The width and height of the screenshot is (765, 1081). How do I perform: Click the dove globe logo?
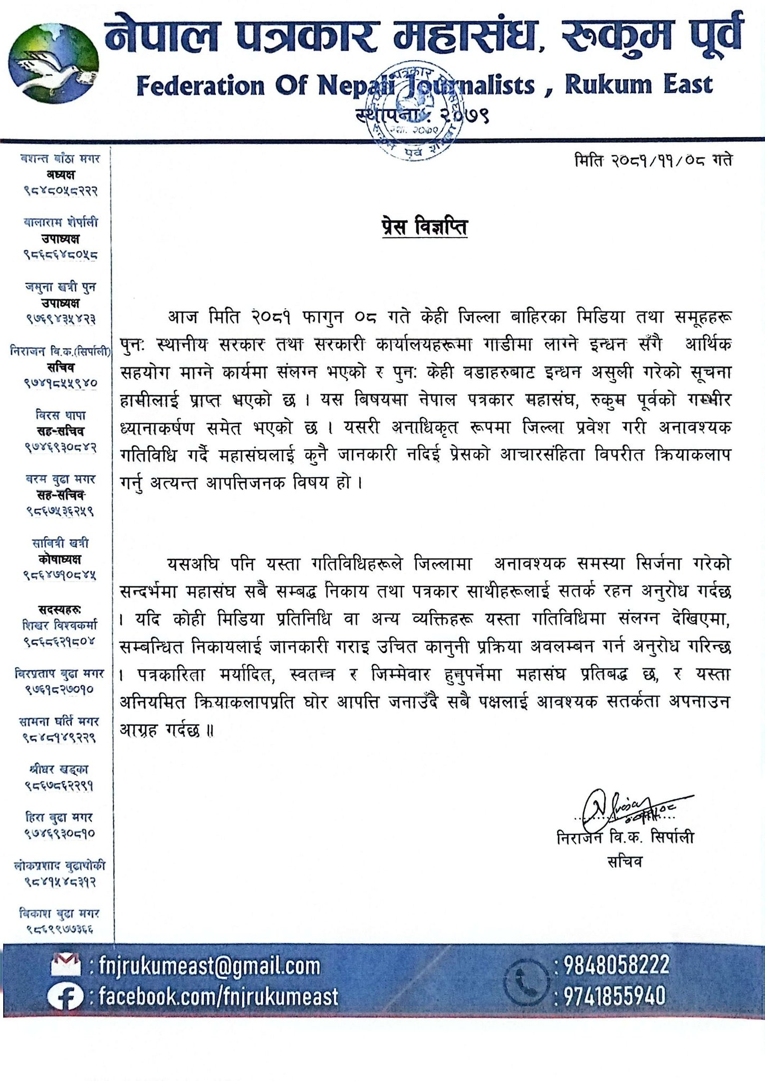(53, 69)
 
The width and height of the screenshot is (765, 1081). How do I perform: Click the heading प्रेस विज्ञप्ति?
(424, 228)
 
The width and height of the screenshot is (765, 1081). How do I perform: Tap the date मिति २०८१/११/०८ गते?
(653, 159)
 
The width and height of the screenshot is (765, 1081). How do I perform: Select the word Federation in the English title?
(200, 86)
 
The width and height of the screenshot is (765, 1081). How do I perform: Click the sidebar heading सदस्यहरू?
(60, 610)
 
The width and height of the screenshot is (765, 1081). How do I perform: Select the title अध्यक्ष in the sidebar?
(60, 175)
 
